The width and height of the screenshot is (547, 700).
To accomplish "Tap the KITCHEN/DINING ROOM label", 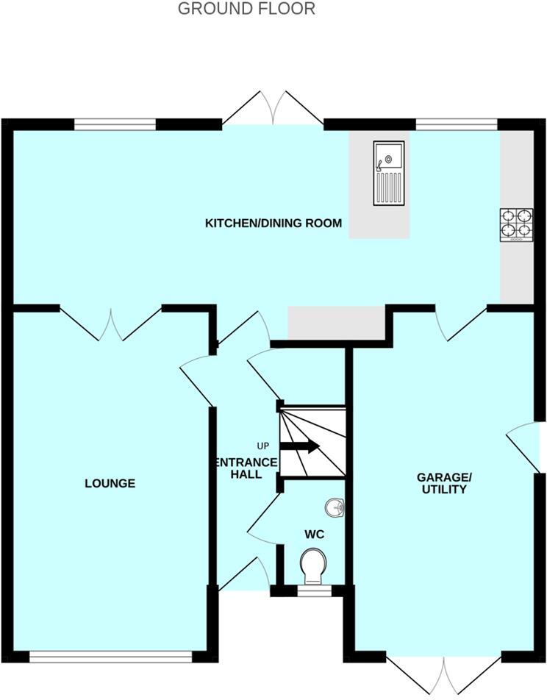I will click(273, 223).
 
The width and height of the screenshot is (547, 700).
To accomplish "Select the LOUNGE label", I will click(110, 483).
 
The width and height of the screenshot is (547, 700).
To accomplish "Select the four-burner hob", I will click(516, 225).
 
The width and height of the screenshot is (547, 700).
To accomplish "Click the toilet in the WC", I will click(314, 567).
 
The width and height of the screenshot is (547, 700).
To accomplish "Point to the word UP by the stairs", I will click(263, 446).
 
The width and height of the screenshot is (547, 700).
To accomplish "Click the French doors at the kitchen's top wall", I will click(273, 109).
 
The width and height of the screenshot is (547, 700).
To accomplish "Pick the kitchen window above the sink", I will click(457, 124).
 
